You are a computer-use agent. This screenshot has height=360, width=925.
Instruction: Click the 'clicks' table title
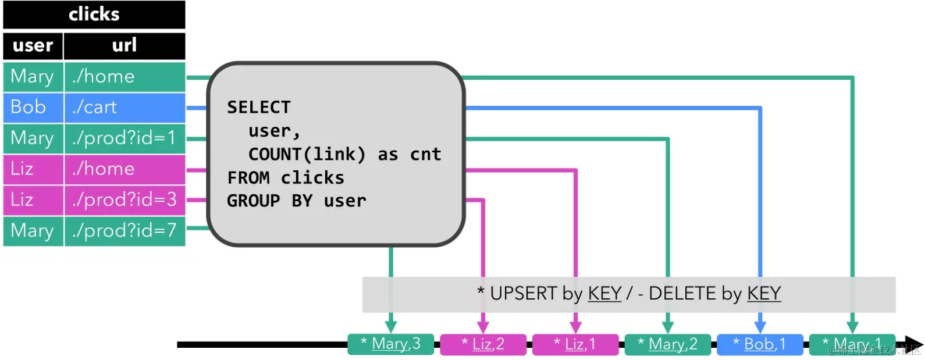[x=94, y=14]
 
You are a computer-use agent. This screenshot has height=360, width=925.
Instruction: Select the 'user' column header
[x=33, y=45]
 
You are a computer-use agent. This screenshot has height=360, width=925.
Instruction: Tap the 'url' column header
[x=124, y=45]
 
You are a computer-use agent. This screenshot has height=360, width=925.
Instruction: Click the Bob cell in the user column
[x=33, y=107]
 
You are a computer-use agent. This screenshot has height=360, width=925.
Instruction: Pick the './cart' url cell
[x=124, y=107]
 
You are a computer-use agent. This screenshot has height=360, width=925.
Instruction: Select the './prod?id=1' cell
[x=124, y=138]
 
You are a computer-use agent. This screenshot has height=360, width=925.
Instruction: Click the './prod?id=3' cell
[x=124, y=199]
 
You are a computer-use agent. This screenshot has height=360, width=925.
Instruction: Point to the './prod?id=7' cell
[x=124, y=230]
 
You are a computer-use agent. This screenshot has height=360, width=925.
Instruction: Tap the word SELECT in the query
[x=258, y=108]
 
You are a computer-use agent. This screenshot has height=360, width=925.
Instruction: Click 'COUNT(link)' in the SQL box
[x=307, y=154]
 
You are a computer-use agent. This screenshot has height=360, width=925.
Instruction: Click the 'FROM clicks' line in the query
[x=286, y=177]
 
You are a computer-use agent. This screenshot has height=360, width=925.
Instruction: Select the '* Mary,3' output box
[x=391, y=344]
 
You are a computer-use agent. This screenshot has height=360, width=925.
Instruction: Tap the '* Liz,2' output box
[x=483, y=344]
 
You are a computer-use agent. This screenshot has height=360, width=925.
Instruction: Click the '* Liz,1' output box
[x=575, y=344]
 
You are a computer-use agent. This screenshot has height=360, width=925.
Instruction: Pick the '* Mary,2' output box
[x=668, y=344]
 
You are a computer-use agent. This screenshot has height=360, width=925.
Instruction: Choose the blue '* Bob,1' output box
[x=760, y=344]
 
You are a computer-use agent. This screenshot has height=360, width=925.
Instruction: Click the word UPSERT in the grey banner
[x=524, y=294]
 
